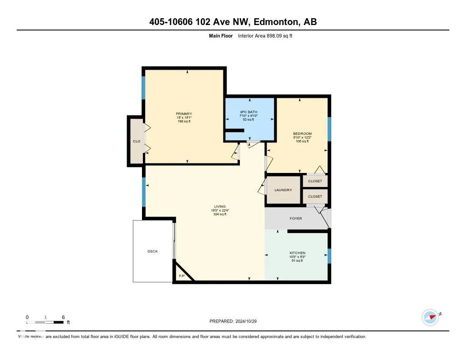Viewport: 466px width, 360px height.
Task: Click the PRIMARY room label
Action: click(184, 114)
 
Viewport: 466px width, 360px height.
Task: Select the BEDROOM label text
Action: click(302, 133)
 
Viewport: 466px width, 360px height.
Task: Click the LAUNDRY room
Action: click(283, 190)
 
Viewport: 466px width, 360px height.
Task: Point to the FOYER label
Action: click(296, 218)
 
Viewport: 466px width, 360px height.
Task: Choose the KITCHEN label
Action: click(298, 253)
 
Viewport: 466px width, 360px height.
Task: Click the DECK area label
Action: click(152, 251)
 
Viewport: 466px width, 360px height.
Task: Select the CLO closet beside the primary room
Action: click(136, 142)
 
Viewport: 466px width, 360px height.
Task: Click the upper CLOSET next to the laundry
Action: click(315, 181)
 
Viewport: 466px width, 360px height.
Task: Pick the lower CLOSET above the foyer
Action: click(315, 197)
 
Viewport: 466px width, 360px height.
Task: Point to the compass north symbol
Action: click(430, 317)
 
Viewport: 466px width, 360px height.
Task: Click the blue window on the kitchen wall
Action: click(329, 256)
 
